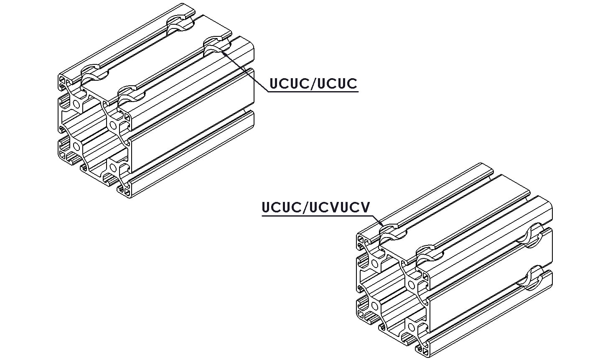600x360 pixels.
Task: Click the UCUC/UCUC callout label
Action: point(313,84)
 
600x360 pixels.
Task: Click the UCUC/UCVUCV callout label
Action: point(315,207)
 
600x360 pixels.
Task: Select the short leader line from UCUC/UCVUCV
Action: point(377,220)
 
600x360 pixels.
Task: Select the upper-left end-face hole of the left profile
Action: point(77,104)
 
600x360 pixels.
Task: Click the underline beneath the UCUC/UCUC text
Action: point(313,92)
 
